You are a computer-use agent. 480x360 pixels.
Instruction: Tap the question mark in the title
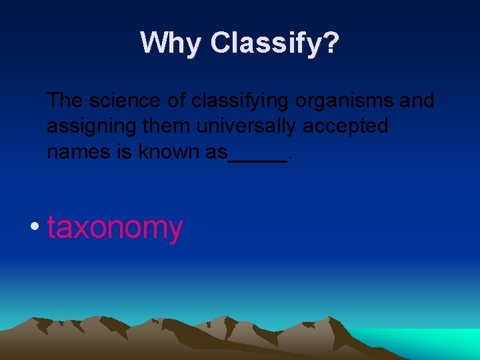[330, 43]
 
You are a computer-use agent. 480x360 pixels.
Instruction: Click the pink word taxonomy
[115, 228]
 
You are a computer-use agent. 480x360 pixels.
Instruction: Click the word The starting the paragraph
[65, 101]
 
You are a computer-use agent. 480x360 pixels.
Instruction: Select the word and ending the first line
[416, 101]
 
